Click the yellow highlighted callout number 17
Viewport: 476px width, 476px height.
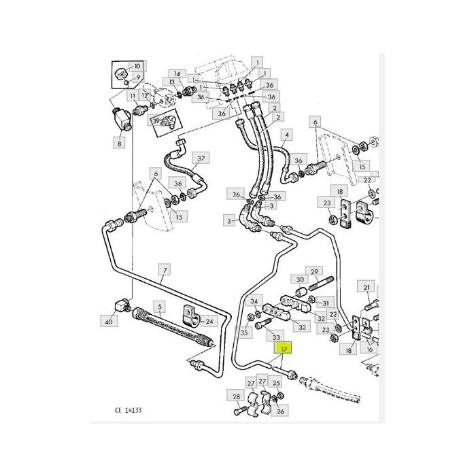[x=284, y=349]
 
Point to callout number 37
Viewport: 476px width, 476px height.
[x=201, y=159]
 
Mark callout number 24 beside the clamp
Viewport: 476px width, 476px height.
[x=209, y=322]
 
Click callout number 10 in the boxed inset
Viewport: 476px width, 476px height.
[x=137, y=66]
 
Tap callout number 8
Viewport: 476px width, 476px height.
[x=120, y=143]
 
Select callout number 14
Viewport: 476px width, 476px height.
[x=176, y=73]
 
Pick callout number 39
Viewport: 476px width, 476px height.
[x=156, y=121]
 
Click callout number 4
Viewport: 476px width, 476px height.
[x=288, y=134]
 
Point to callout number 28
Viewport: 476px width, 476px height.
[x=237, y=397]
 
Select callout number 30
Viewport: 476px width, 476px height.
[x=299, y=279]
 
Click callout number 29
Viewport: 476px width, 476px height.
[x=315, y=272]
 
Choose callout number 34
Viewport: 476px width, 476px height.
[x=254, y=301]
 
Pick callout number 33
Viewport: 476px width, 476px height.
[x=275, y=337]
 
